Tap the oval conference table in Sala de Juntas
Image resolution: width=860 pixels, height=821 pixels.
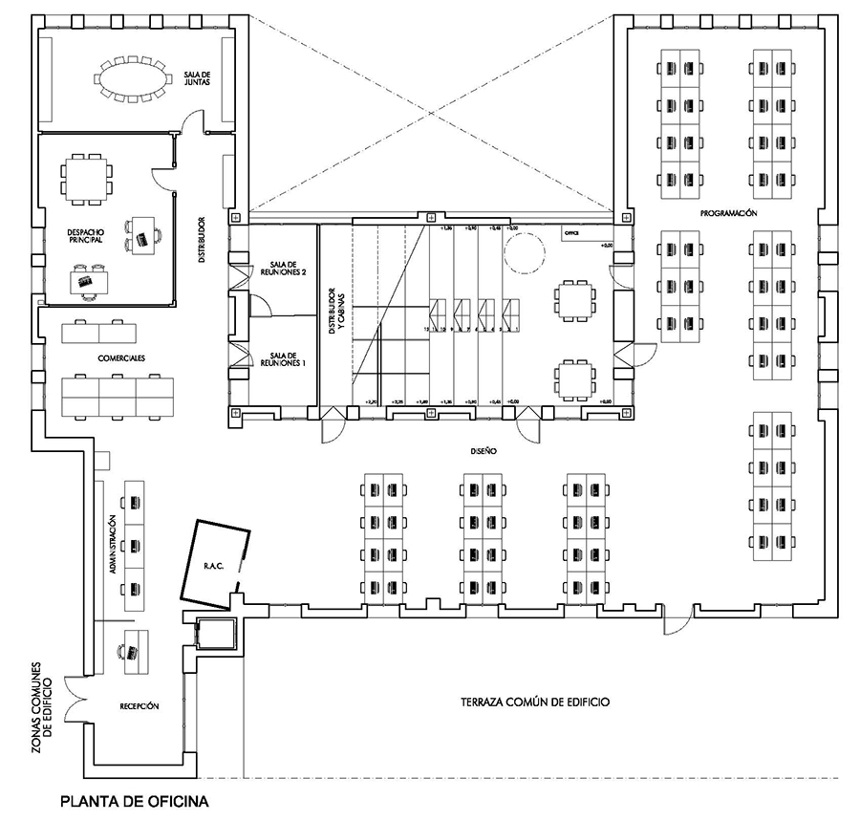tap(132, 79)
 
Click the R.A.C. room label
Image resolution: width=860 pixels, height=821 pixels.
tap(212, 565)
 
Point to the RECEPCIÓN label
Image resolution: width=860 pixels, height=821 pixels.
tap(139, 706)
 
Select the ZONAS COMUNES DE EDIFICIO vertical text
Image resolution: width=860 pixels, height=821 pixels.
tap(44, 705)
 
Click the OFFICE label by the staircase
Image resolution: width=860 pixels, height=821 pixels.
tap(571, 233)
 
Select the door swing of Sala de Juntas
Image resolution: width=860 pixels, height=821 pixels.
tap(191, 122)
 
